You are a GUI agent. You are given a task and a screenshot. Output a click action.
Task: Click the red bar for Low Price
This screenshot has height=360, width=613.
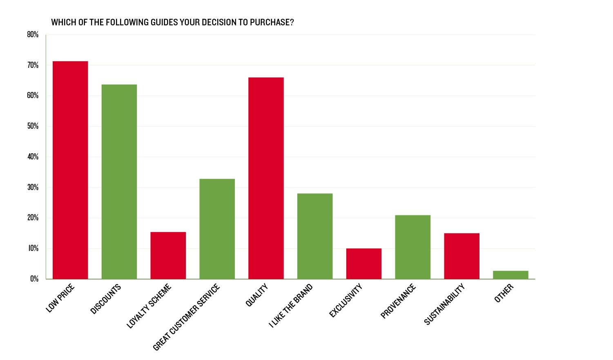pyautogui.click(x=70, y=170)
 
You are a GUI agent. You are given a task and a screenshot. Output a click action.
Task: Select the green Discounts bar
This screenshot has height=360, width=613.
pyautogui.click(x=119, y=182)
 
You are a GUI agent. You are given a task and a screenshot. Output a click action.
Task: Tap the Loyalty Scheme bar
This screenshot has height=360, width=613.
pyautogui.click(x=168, y=255)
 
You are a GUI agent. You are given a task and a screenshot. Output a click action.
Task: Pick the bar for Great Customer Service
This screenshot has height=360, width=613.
pyautogui.click(x=217, y=229)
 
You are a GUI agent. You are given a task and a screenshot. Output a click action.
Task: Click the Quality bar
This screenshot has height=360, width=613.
pyautogui.click(x=266, y=178)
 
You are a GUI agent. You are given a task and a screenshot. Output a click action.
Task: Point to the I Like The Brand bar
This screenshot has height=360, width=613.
pyautogui.click(x=315, y=236)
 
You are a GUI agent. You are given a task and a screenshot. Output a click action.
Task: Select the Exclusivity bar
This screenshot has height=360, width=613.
pyautogui.click(x=364, y=264)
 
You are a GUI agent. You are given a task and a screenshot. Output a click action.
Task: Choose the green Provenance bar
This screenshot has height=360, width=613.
pyautogui.click(x=413, y=247)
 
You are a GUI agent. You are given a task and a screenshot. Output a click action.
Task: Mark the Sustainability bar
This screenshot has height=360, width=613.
pyautogui.click(x=462, y=256)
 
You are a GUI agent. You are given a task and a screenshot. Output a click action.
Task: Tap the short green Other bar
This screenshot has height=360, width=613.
pyautogui.click(x=510, y=275)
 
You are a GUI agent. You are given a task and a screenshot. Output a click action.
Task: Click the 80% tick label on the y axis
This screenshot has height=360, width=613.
pyautogui.click(x=33, y=35)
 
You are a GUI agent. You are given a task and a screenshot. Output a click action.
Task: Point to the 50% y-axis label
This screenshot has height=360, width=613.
pyautogui.click(x=33, y=126)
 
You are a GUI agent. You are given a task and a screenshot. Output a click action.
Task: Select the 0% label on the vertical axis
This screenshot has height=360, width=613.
pyautogui.click(x=34, y=279)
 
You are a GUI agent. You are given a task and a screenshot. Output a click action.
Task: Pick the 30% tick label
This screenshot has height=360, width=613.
pyautogui.click(x=33, y=188)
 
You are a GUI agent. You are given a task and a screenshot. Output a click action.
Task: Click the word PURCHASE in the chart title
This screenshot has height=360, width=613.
pyautogui.click(x=272, y=22)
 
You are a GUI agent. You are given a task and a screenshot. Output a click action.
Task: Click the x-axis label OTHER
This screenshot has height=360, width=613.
pyautogui.click(x=504, y=293)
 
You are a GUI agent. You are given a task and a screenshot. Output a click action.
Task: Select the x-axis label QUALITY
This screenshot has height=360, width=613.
pyautogui.click(x=256, y=295)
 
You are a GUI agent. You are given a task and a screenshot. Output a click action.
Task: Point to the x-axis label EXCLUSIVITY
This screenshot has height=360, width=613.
pyautogui.click(x=346, y=301)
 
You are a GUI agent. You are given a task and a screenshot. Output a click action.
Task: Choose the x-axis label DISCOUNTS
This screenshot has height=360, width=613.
pyautogui.click(x=105, y=299)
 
